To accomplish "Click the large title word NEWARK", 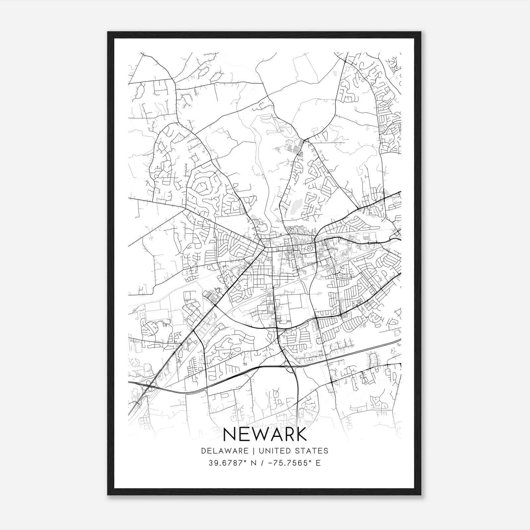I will click(265, 434).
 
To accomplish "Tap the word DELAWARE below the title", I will click(225, 451).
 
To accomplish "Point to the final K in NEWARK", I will click(300, 434).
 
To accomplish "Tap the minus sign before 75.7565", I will click(270, 463).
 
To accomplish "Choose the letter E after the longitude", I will click(318, 463).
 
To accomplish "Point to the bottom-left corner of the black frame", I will click(108, 494).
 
